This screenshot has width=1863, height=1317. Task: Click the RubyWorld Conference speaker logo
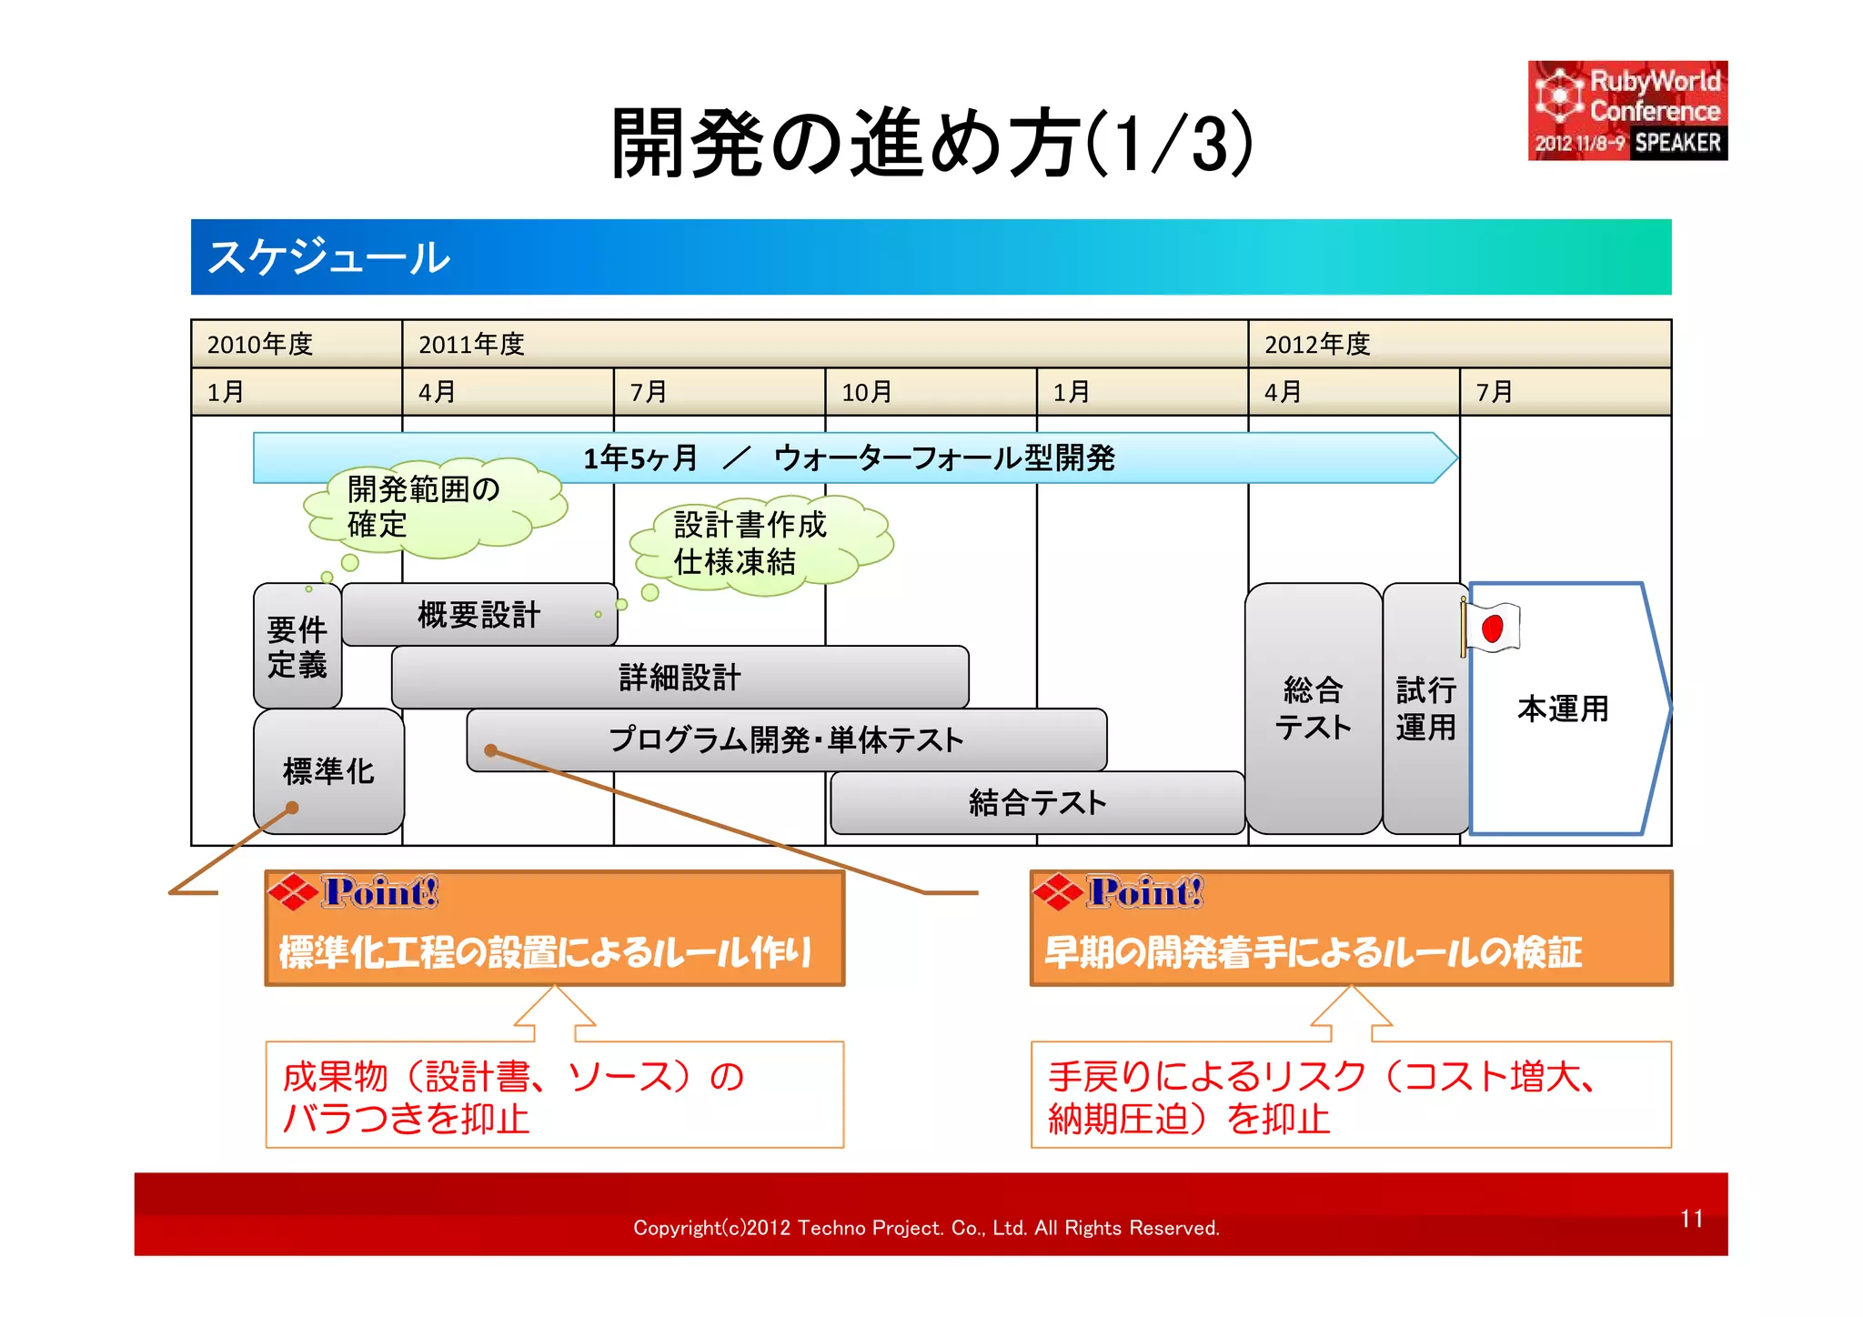click(1626, 111)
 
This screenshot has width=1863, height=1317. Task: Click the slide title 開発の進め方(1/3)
click(931, 143)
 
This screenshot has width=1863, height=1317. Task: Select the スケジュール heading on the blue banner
click(329, 257)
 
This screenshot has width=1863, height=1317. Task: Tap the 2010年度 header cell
click(297, 344)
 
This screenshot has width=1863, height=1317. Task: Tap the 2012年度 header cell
click(1458, 344)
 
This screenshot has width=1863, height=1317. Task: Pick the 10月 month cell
click(930, 392)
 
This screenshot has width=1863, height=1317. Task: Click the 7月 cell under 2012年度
click(1565, 392)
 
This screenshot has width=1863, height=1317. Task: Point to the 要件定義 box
click(297, 647)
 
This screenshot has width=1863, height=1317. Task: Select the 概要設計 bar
click(479, 615)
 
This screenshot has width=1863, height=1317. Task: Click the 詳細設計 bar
click(680, 678)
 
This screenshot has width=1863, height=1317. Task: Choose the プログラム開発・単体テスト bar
click(786, 739)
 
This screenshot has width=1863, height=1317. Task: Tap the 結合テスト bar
click(1037, 803)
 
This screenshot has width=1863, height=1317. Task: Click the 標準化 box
click(328, 771)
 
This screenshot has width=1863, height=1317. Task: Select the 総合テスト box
click(1313, 709)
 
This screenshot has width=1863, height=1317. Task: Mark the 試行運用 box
click(1425, 709)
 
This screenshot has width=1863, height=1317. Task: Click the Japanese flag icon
click(1492, 628)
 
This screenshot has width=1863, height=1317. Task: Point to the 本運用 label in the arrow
click(1563, 709)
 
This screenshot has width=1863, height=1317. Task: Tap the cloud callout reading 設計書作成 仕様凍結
click(755, 544)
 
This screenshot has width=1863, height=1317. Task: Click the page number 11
click(1691, 1219)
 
